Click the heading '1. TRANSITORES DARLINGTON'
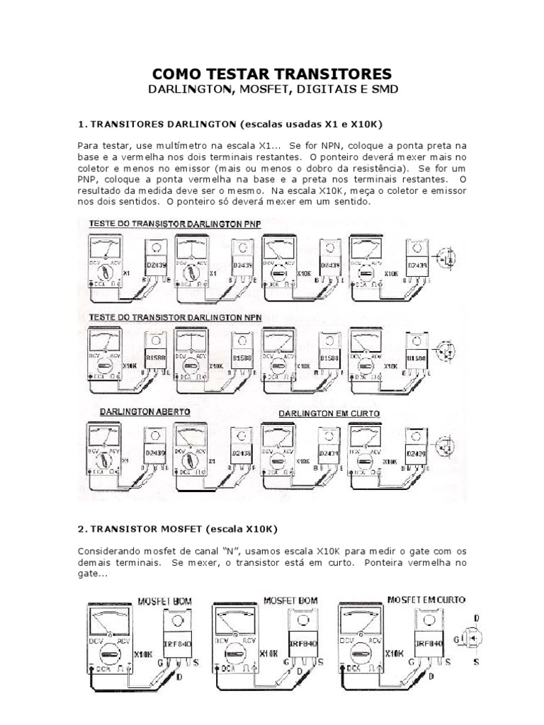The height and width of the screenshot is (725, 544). [x=157, y=124]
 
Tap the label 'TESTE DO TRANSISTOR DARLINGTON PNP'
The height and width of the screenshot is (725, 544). [x=174, y=224]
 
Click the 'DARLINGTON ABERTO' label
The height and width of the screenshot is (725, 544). [x=139, y=411]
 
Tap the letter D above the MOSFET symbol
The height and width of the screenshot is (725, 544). [x=476, y=618]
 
